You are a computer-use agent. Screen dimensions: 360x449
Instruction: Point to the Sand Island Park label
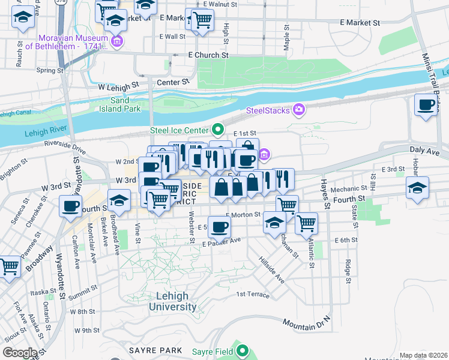125,105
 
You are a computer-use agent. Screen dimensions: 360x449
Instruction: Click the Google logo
20,353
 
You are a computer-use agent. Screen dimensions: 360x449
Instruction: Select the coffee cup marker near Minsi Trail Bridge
426,106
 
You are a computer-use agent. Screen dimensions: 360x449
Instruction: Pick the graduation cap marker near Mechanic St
418,188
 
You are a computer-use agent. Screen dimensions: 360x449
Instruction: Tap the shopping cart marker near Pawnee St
10,266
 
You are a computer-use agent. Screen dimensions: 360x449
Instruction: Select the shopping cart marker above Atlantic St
307,224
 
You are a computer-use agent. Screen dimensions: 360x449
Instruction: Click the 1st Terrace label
253,294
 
